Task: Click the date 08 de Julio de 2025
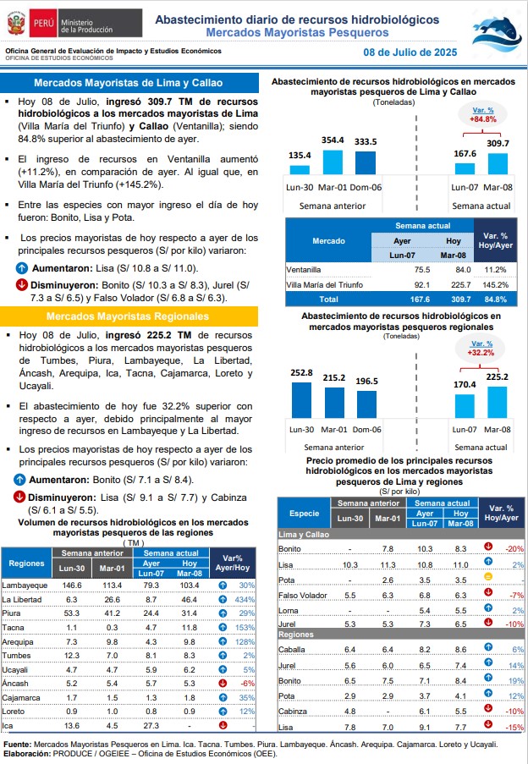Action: point(410,52)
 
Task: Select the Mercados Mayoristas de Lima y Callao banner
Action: point(129,83)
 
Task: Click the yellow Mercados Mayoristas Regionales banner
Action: point(129,316)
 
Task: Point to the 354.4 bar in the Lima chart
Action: point(333,162)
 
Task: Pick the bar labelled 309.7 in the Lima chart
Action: point(498,164)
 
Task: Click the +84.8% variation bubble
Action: point(482,115)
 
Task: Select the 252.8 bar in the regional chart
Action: point(301,400)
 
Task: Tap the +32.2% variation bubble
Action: point(481,349)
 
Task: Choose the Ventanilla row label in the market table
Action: point(304,269)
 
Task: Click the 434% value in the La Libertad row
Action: point(245,600)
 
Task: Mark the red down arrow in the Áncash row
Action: point(223,683)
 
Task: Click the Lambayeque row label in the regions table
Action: point(25,585)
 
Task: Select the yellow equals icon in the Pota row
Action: point(488,577)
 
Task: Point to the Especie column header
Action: point(304,514)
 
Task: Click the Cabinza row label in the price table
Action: point(293,712)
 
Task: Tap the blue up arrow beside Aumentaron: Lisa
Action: point(21,268)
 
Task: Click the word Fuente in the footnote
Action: point(17,745)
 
